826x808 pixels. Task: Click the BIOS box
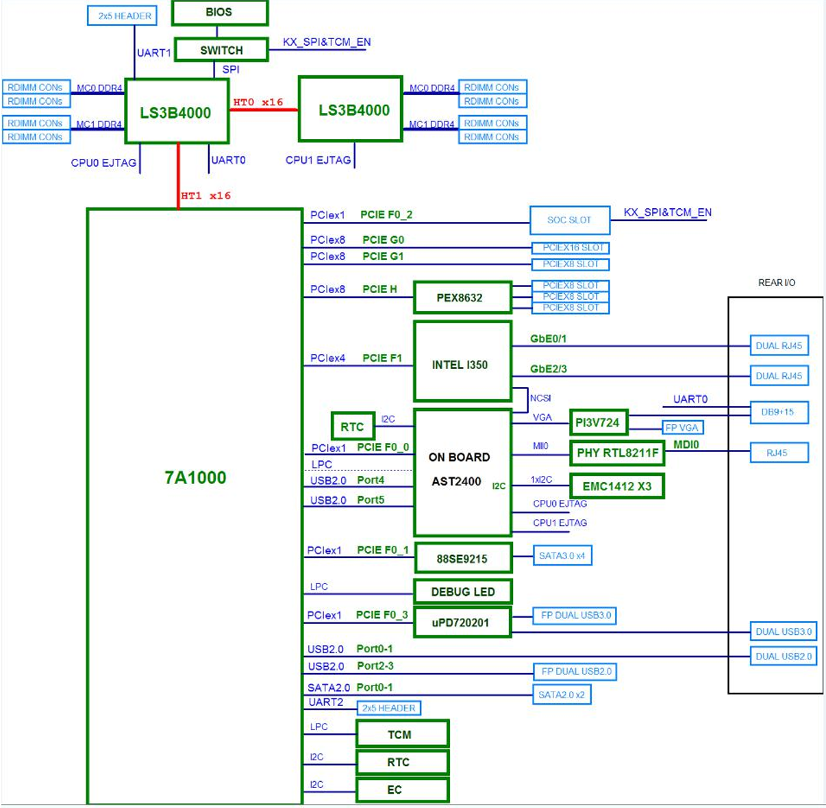point(219,12)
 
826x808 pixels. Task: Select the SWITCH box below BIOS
point(221,50)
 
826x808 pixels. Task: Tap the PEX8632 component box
point(462,298)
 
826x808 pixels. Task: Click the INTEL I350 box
point(462,362)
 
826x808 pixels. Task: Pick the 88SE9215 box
point(462,559)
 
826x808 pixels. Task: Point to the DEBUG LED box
point(462,592)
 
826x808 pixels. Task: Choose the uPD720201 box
point(462,622)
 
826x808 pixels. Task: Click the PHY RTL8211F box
point(617,453)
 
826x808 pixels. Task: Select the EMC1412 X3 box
point(616,486)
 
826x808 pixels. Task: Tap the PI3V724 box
point(598,422)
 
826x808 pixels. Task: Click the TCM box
point(402,734)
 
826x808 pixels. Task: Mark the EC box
point(402,790)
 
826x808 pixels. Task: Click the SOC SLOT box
point(569,220)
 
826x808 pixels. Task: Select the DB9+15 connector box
point(779,412)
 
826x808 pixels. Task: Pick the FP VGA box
point(682,428)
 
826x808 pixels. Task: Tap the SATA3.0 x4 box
point(562,555)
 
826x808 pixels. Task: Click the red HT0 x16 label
point(258,102)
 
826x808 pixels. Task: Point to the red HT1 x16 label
point(205,196)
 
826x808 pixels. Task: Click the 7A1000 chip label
point(195,477)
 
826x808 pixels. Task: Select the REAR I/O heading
point(777,283)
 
